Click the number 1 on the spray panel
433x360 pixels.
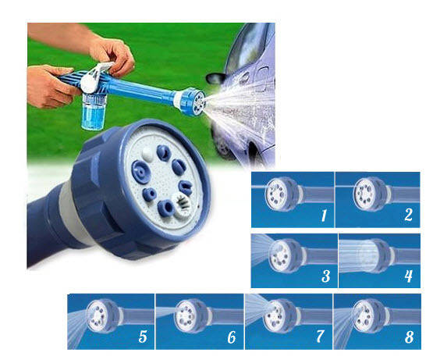pyautogui.click(x=324, y=216)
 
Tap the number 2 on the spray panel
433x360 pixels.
pyautogui.click(x=408, y=215)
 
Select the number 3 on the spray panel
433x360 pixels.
pyautogui.click(x=326, y=276)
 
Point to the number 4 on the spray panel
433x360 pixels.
pyautogui.click(x=408, y=276)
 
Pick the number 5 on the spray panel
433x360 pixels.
pyautogui.click(x=143, y=337)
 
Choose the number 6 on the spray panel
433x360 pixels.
pyautogui.click(x=232, y=337)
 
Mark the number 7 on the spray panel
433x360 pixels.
pyautogui.click(x=320, y=337)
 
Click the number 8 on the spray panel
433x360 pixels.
pyautogui.click(x=409, y=337)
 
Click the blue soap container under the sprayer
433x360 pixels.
pyautogui.click(x=93, y=111)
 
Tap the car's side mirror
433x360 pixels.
pyautogui.click(x=217, y=78)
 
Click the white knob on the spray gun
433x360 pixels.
pyautogui.click(x=89, y=84)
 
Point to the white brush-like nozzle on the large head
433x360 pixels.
pyautogui.click(x=181, y=204)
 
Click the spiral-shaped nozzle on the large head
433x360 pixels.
pyautogui.click(x=140, y=172)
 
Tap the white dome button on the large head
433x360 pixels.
pyautogui.click(x=147, y=155)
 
